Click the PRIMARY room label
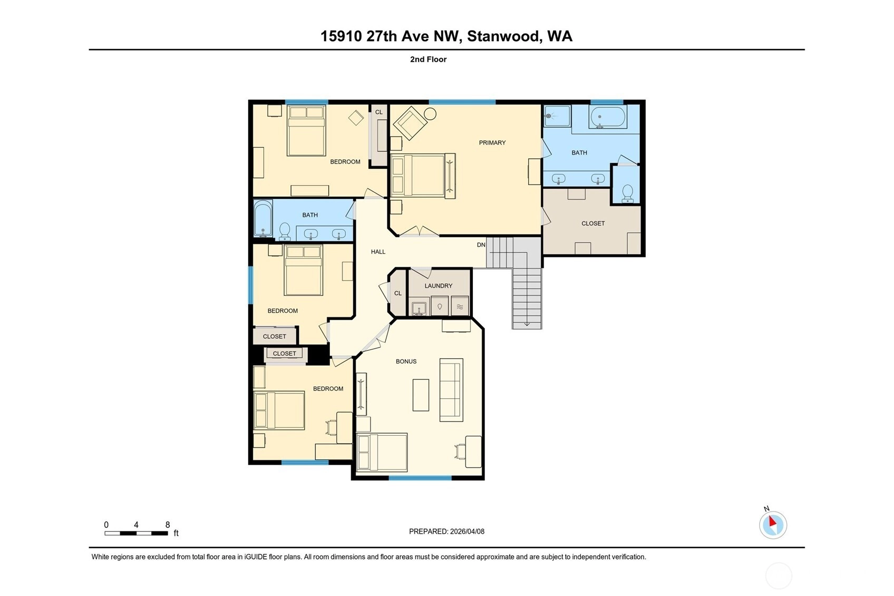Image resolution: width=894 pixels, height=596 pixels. [x=492, y=142]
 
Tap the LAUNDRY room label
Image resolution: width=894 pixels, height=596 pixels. [x=438, y=286]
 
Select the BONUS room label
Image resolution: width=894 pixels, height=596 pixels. [x=406, y=361]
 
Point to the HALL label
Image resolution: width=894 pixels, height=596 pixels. [x=378, y=252]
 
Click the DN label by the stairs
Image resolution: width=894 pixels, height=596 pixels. [x=481, y=245]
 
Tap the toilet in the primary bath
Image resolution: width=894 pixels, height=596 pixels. [x=627, y=194]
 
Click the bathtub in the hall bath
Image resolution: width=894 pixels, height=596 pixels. [x=263, y=218]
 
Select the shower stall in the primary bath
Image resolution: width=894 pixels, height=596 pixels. [x=557, y=116]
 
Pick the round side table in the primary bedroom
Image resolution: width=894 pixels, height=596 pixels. [x=430, y=114]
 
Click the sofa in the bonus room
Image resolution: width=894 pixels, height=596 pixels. [x=451, y=390]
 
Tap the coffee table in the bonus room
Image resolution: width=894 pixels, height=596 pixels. [x=421, y=395]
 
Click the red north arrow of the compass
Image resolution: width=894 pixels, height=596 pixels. [x=773, y=521]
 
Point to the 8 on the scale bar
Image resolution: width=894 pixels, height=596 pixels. [x=168, y=524]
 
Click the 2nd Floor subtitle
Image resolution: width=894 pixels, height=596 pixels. [x=428, y=59]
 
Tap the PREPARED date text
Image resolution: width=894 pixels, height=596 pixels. [x=446, y=531]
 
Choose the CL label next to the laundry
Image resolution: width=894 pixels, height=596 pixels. [x=398, y=293]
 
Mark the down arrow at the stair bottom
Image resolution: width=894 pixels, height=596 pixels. [x=527, y=323]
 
